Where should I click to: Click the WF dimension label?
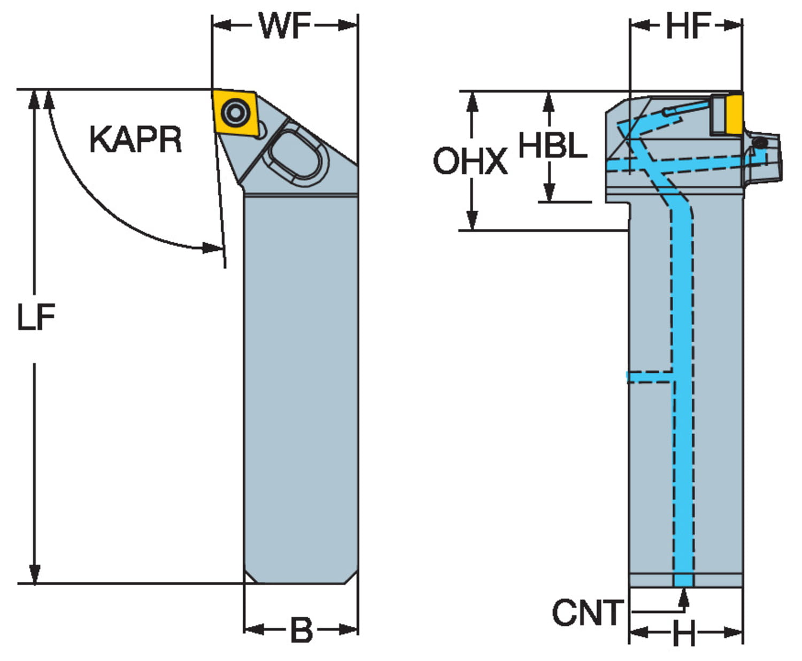click(x=284, y=25)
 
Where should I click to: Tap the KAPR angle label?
click(x=135, y=140)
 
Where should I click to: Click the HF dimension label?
click(x=688, y=25)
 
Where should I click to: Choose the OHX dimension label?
click(x=470, y=161)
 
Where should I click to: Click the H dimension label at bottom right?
click(x=684, y=634)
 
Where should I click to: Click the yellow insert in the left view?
click(x=234, y=113)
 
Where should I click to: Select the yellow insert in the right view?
click(x=735, y=113)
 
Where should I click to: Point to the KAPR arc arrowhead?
click(x=213, y=248)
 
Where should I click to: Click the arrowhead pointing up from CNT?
click(x=683, y=598)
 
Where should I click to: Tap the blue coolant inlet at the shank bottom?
click(x=683, y=580)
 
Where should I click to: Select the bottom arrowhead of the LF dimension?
click(x=35, y=574)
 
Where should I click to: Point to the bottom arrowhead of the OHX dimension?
click(x=472, y=220)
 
